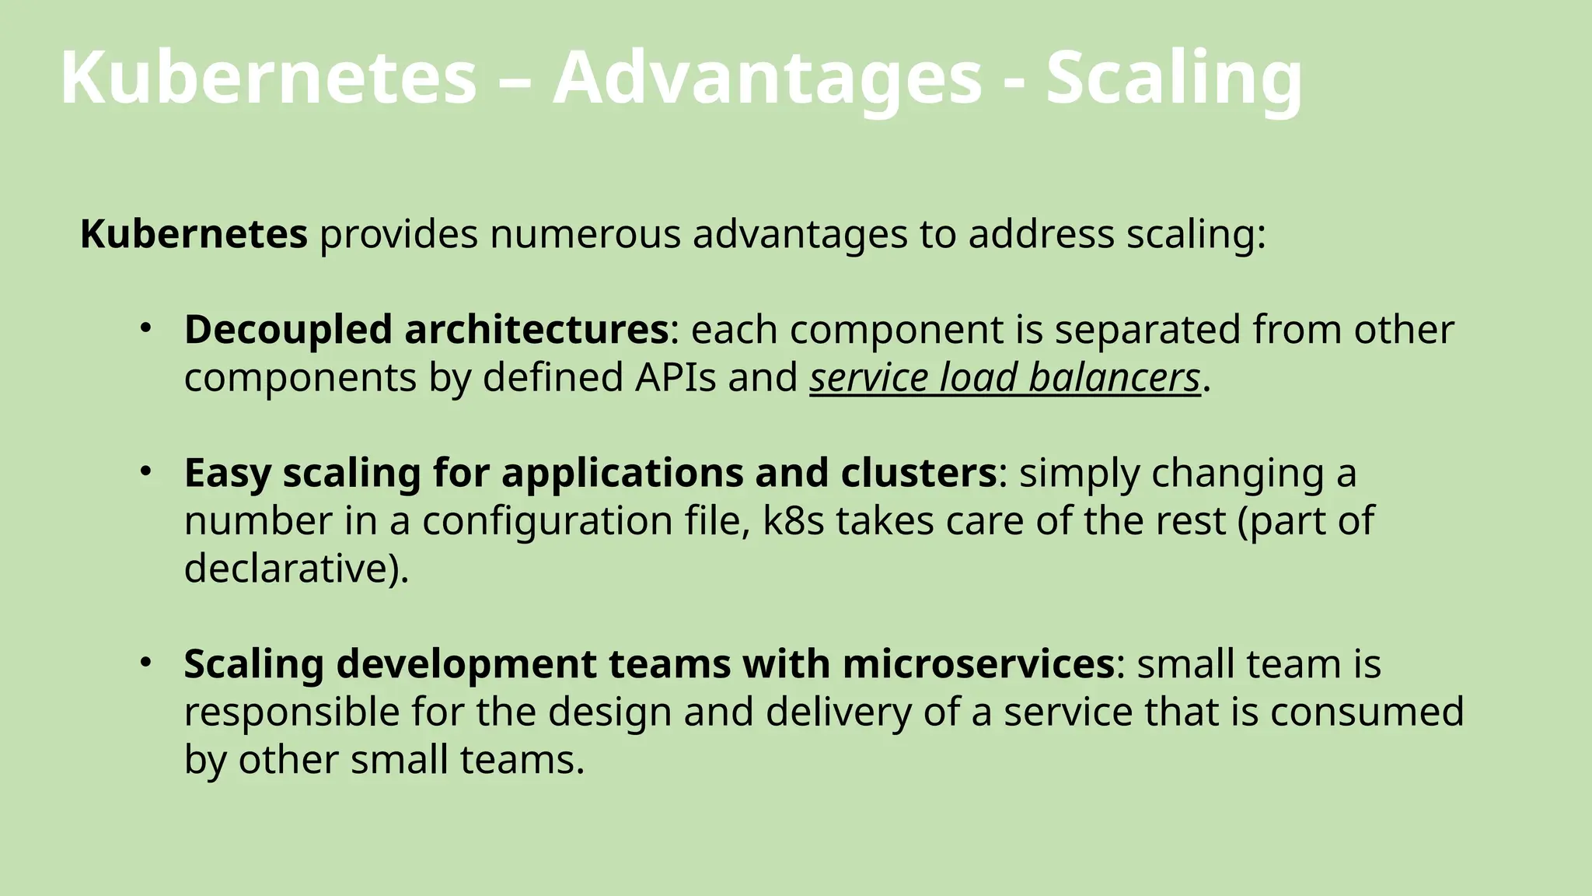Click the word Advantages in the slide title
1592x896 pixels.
tap(767, 78)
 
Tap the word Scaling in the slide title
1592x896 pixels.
tap(1174, 78)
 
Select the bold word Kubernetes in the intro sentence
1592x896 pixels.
tap(194, 233)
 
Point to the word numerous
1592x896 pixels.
tap(585, 233)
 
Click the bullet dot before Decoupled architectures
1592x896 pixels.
tap(145, 327)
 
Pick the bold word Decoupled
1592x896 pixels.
tap(288, 329)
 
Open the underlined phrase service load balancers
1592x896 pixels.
tap(1005, 377)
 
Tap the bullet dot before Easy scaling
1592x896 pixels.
tap(145, 471)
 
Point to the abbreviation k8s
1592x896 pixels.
tap(793, 520)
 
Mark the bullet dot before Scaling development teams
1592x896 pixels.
tap(145, 662)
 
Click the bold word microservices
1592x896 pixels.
tap(979, 663)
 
